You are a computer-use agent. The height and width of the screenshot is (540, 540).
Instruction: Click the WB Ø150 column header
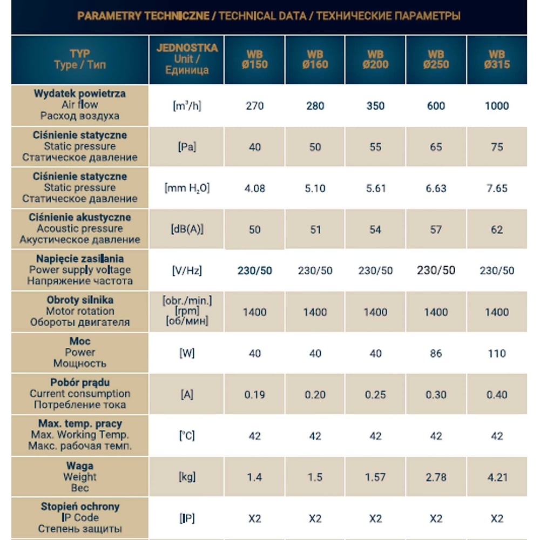254,59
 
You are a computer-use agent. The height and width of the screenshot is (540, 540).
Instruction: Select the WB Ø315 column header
496,59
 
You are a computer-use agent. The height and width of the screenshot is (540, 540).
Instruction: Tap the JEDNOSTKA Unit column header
187,59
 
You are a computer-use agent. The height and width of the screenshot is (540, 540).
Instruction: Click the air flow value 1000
496,106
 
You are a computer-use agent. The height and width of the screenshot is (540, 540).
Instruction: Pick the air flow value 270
254,106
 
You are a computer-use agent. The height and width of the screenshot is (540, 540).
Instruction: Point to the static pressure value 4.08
254,188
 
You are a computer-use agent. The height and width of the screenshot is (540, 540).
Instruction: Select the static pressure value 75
496,147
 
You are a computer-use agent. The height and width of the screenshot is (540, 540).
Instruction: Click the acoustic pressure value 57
436,230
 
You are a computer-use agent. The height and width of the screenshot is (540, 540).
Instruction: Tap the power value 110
496,354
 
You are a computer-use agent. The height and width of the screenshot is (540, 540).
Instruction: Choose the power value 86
436,354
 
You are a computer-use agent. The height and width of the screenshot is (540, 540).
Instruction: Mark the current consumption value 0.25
375,395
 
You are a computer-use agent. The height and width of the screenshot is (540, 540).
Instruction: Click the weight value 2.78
436,477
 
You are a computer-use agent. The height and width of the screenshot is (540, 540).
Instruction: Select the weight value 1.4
254,477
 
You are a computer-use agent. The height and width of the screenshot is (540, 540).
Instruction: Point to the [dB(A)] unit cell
187,230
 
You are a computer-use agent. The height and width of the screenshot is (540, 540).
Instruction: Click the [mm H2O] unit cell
187,188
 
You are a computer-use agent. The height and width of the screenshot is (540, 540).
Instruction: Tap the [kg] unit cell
187,477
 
